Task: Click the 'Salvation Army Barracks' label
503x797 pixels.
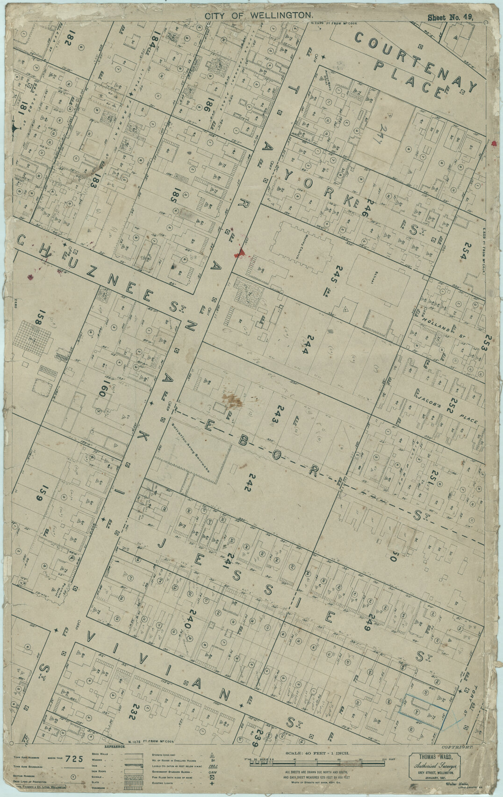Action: (197, 449)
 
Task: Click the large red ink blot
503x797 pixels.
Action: (240, 253)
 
